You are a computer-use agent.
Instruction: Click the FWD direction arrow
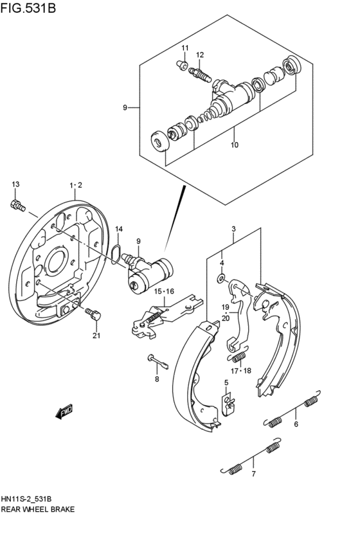[x=64, y=411]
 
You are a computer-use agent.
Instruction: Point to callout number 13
[x=16, y=185]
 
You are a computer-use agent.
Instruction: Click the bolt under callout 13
[x=17, y=205]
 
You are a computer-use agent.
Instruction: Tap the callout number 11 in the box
[x=184, y=49]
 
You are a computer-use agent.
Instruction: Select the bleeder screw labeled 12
[x=201, y=74]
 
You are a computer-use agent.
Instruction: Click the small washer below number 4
[x=221, y=278]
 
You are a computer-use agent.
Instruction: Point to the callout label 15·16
[x=164, y=291]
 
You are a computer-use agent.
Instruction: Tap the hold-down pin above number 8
[x=157, y=361]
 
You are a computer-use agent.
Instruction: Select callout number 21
[x=96, y=335]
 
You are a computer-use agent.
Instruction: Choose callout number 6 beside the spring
[x=296, y=424]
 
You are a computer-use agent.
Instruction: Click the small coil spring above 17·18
[x=239, y=355]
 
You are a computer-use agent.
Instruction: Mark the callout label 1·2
[x=76, y=185]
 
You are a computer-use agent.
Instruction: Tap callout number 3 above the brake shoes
[x=233, y=229]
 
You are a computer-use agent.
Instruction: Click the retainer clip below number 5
[x=227, y=403]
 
